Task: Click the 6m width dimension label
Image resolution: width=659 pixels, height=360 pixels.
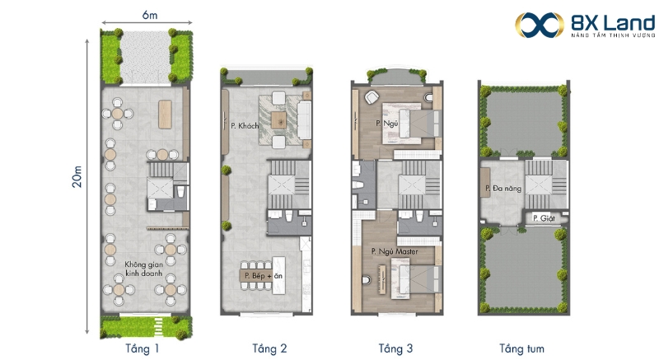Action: (150, 15)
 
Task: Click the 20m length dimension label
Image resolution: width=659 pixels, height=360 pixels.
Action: (77, 176)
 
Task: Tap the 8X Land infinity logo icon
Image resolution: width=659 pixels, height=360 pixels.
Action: (540, 25)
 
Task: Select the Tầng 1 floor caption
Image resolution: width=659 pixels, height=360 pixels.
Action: (142, 348)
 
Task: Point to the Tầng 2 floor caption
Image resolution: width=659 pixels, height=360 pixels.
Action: (269, 348)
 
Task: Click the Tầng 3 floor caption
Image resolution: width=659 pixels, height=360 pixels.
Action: (395, 348)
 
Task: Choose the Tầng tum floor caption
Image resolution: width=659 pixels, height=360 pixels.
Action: (521, 348)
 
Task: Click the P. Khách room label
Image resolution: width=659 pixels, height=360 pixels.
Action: (245, 125)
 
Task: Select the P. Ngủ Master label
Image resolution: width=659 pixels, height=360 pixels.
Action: (395, 251)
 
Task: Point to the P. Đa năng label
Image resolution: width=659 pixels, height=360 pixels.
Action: (503, 189)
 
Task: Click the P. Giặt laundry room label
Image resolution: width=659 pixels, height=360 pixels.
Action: (544, 218)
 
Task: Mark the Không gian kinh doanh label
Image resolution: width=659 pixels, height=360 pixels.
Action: (143, 269)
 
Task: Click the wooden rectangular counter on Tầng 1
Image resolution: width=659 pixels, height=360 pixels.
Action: (165, 115)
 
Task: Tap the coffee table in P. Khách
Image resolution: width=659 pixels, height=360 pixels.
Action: (278, 120)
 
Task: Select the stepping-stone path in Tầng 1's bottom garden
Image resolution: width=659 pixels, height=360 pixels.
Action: (158, 326)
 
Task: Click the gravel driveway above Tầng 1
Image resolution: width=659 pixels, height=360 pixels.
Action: (146, 57)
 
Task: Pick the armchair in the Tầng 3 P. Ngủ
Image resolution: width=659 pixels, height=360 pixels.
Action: (372, 97)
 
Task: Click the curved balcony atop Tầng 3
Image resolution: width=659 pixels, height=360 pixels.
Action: (397, 77)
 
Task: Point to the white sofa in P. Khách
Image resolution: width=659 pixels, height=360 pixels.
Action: (304, 120)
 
